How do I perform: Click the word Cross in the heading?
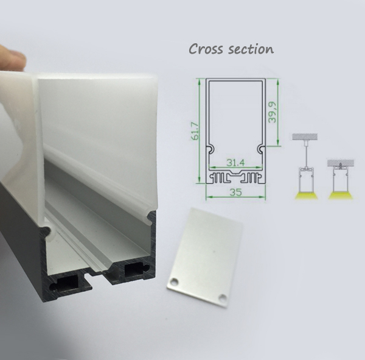(x=206, y=49)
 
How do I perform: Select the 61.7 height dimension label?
(x=195, y=132)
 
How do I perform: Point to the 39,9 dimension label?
(x=272, y=112)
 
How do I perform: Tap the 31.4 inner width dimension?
(x=235, y=163)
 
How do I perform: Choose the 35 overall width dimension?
(x=235, y=192)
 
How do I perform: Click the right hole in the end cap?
(x=222, y=297)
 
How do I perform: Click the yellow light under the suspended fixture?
(x=306, y=196)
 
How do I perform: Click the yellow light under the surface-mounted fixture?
(x=340, y=196)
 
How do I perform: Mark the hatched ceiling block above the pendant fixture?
(x=305, y=137)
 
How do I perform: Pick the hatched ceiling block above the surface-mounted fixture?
(x=341, y=163)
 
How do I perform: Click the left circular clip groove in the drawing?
(x=211, y=149)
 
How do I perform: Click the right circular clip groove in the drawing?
(x=260, y=149)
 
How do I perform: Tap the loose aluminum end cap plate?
(x=205, y=256)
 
